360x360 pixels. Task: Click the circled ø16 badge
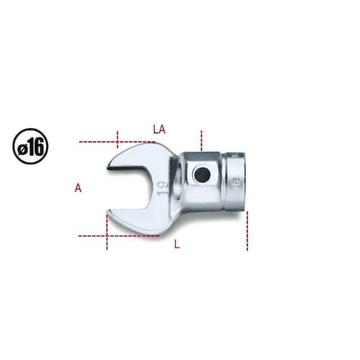tap(30, 146)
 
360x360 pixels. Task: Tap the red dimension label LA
tap(159, 130)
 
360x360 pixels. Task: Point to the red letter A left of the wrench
tap(78, 187)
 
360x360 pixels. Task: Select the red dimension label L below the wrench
tap(177, 245)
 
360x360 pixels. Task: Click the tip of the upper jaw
tap(108, 168)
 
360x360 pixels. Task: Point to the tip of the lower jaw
tap(107, 212)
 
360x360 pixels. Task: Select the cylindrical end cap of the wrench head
tap(235, 182)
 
